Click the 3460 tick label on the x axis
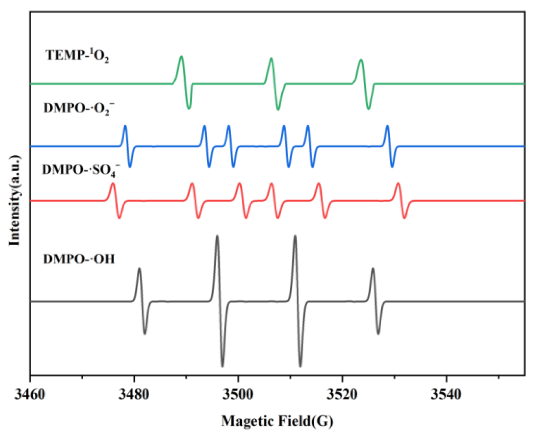coord(30,395)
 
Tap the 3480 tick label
coord(134,395)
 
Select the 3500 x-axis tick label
coord(238,395)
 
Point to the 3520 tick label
coord(342,395)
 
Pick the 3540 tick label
coord(446,395)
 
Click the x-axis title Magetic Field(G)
coord(277,421)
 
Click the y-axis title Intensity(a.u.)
coord(14,200)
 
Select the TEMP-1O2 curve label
coord(77,55)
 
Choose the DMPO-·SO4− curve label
coord(81,170)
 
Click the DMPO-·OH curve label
coord(79,259)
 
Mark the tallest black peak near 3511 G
coord(295,236)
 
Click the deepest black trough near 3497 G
coord(223,367)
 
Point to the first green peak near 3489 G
coord(181,56)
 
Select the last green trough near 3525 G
coord(368,109)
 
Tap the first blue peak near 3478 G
coord(125,126)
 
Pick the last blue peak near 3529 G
coord(387,126)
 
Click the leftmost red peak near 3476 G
coord(112,183)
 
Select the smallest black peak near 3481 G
coord(139,268)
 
